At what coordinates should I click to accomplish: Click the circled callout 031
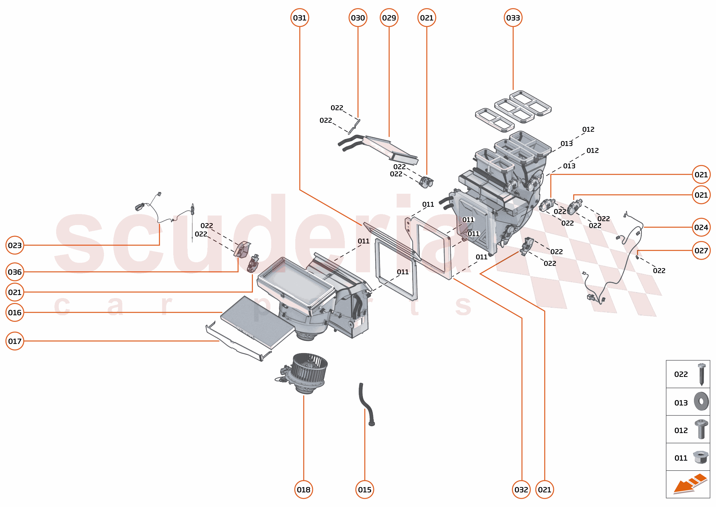pyautogui.click(x=300, y=18)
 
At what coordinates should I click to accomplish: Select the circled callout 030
pyautogui.click(x=357, y=18)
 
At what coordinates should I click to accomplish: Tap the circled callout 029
pyautogui.click(x=389, y=18)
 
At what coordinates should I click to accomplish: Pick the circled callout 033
pyautogui.click(x=513, y=18)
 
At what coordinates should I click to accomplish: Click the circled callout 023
pyautogui.click(x=15, y=245)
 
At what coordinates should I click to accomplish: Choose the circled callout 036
pyautogui.click(x=15, y=272)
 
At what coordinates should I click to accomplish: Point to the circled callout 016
pyautogui.click(x=15, y=312)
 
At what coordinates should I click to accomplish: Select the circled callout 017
pyautogui.click(x=15, y=341)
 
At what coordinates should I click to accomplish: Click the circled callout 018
pyautogui.click(x=304, y=490)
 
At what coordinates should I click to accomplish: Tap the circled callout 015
pyautogui.click(x=364, y=490)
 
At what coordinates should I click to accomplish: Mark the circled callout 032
pyautogui.click(x=521, y=490)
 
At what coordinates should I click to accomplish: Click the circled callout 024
pyautogui.click(x=701, y=227)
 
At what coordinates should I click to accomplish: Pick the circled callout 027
pyautogui.click(x=701, y=250)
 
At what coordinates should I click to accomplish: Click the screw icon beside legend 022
pyautogui.click(x=701, y=374)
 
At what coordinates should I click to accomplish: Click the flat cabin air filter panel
pyautogui.click(x=257, y=322)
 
